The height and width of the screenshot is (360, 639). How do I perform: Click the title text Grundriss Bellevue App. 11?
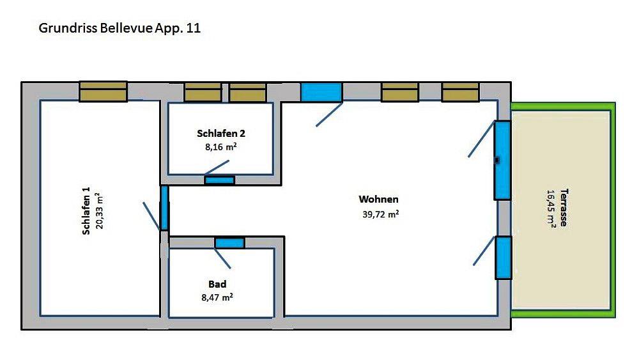[x=119, y=29]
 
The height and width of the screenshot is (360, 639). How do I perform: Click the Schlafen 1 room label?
[x=86, y=211]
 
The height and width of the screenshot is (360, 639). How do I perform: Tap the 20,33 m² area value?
[x=100, y=211]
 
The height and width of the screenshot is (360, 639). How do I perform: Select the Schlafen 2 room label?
[x=221, y=133]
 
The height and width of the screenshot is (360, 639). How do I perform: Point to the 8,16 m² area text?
[x=221, y=147]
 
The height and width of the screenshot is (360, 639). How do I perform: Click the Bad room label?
[x=217, y=284]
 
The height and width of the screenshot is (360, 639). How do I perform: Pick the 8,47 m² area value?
[x=217, y=297]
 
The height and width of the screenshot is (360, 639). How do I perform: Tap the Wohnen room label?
[x=378, y=200]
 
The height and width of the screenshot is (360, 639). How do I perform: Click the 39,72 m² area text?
[x=381, y=214]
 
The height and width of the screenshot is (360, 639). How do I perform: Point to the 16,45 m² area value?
[x=551, y=208]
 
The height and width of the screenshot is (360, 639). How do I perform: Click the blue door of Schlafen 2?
[x=220, y=180]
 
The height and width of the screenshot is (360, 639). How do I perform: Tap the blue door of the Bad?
[x=230, y=244]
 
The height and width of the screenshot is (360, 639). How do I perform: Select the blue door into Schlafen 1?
[x=164, y=208]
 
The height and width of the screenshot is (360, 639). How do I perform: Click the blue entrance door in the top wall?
[x=321, y=92]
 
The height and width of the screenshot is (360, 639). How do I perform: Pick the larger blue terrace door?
[x=502, y=160]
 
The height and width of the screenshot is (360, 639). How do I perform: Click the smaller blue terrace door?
[x=504, y=258]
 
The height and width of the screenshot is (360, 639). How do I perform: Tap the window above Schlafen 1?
[x=103, y=91]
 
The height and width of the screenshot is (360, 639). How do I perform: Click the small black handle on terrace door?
[x=497, y=160]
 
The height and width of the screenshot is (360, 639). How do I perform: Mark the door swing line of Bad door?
[x=222, y=258]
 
